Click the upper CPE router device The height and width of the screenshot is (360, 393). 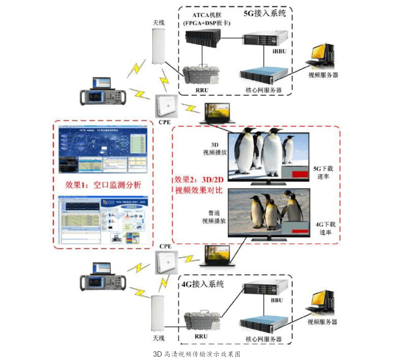pos(167,106)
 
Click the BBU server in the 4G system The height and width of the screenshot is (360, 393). pos(265,289)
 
